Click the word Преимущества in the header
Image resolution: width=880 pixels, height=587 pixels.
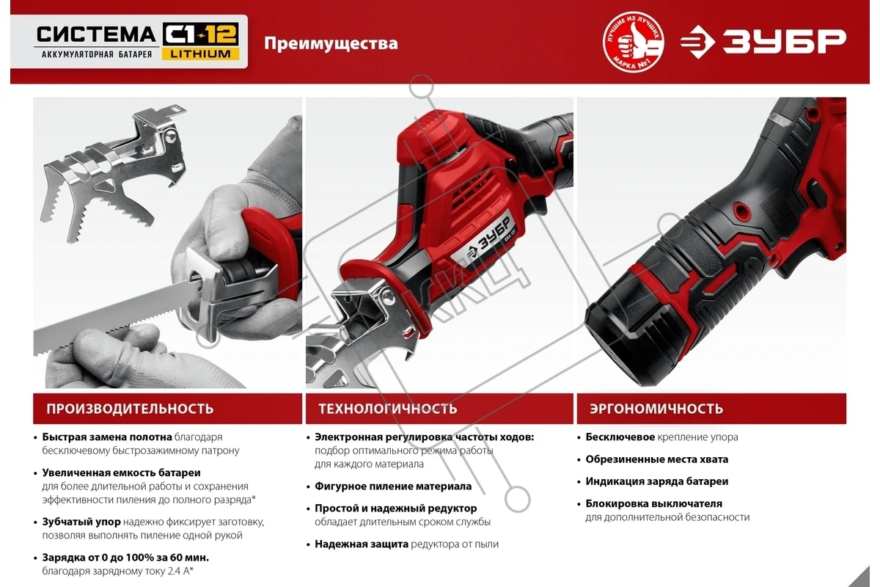[x=331, y=43]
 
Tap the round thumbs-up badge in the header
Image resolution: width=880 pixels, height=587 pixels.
[x=634, y=42]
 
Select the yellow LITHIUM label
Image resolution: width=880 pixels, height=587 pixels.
[x=200, y=54]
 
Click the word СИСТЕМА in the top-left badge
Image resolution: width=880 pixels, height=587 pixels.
[x=97, y=34]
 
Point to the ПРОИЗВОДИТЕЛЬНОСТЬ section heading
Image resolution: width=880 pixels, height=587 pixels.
[x=130, y=409]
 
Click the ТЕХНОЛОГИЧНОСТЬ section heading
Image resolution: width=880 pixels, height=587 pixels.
[x=388, y=409]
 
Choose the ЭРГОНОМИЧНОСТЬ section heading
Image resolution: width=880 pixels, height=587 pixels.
[x=656, y=409]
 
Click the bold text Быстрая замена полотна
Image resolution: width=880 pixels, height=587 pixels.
[x=107, y=437]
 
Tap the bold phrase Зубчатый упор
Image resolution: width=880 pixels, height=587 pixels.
[x=81, y=522]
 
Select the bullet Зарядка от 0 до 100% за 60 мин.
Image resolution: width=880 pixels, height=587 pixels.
[x=125, y=558]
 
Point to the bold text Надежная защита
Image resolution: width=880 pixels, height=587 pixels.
[x=362, y=544]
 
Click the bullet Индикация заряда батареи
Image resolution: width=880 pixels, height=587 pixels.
[x=657, y=481]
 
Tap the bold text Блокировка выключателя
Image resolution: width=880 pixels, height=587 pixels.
[x=653, y=503]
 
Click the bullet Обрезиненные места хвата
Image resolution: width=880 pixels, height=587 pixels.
[x=657, y=459]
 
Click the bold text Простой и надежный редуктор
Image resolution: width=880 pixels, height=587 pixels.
[x=395, y=508]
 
